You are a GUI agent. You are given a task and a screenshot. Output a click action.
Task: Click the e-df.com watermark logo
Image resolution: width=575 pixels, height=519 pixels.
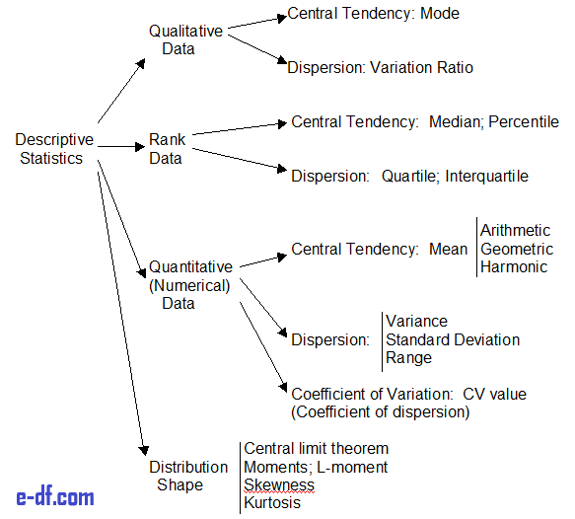55,497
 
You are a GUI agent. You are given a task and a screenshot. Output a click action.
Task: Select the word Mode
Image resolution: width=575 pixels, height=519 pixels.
440,14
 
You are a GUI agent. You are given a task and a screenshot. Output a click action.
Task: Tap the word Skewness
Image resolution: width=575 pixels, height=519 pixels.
279,484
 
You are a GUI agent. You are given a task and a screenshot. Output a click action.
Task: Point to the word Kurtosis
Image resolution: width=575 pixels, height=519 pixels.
272,502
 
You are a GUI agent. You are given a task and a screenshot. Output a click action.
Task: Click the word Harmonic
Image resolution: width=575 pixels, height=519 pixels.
514,266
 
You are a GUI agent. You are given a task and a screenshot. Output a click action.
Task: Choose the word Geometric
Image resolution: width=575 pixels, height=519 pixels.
517,249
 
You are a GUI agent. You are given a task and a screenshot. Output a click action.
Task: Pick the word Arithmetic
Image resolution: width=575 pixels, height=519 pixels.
515,231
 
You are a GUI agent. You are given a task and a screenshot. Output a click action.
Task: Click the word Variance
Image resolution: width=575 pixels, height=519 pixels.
416,322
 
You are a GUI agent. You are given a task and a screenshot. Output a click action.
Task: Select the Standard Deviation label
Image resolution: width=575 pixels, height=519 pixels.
453,339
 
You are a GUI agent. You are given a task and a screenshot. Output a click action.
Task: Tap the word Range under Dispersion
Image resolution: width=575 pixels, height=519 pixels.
409,358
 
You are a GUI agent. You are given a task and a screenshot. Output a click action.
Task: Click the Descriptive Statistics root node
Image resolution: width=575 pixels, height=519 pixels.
54,149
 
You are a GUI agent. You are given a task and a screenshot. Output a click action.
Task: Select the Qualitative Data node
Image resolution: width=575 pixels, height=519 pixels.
185,39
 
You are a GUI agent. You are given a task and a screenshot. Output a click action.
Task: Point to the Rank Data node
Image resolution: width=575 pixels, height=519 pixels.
168,149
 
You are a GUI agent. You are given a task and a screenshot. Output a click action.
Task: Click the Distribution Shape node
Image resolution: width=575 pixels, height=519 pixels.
188,476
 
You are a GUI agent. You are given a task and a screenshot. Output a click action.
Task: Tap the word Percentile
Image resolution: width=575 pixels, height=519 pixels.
524,121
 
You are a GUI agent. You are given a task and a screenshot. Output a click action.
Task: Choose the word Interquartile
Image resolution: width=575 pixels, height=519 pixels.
486,177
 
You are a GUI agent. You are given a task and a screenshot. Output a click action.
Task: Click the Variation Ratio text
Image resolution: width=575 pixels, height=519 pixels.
422,68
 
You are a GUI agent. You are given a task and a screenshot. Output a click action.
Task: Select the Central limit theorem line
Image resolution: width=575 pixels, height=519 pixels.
317,449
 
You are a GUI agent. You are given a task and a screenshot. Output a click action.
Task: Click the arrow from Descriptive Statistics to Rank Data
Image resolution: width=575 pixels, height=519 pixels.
121,147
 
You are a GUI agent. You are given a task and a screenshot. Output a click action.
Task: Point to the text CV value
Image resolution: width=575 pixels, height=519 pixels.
495,395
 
